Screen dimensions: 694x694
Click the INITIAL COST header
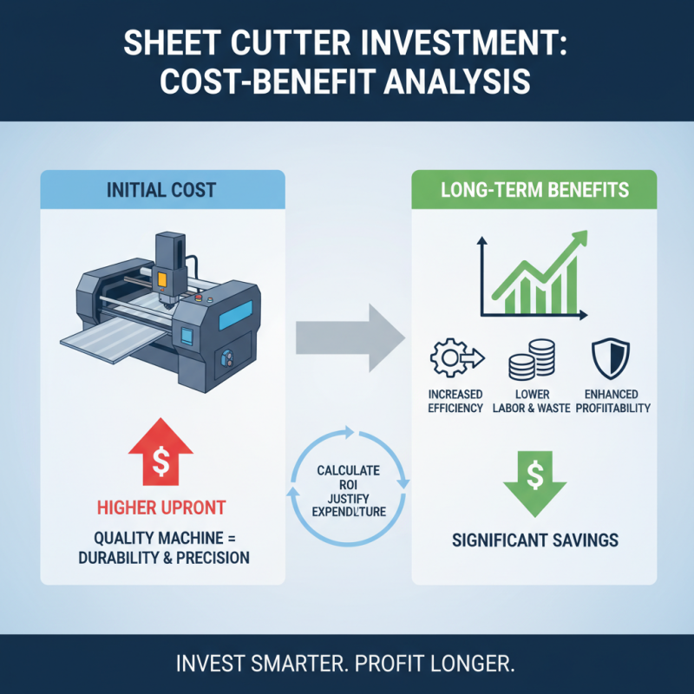tap(162, 188)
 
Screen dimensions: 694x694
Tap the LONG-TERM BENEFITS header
tap(533, 188)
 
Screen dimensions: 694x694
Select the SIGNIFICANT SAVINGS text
tap(534, 540)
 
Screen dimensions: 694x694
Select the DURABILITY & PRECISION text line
tap(162, 558)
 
